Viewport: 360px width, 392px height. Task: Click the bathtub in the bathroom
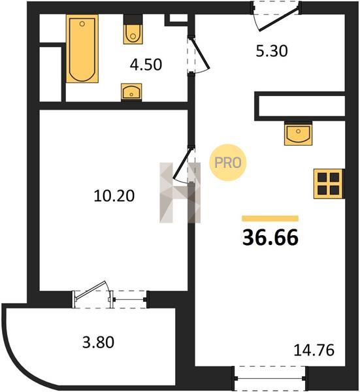[x=82, y=48]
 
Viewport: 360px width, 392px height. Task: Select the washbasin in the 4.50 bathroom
[x=131, y=91]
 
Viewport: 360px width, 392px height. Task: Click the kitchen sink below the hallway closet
[x=298, y=134]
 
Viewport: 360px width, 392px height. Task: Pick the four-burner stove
[x=328, y=184]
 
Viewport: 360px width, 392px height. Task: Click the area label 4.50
[x=146, y=65]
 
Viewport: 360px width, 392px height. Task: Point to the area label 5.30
[x=272, y=51]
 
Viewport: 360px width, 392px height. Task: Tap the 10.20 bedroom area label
[x=114, y=195]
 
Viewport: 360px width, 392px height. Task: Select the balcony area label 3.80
[x=98, y=342]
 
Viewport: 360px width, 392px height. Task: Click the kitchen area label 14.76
[x=314, y=350]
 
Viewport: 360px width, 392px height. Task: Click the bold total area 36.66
[x=270, y=238]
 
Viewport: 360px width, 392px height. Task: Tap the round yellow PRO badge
[x=228, y=163]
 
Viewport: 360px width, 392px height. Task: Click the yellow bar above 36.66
[x=270, y=218]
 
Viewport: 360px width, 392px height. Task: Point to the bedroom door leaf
[x=183, y=163]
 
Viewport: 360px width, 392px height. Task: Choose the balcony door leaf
[x=91, y=290]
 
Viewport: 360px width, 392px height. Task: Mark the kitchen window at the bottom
[x=270, y=378]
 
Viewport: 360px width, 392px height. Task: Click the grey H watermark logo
[x=180, y=193]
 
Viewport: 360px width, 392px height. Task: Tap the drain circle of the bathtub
[x=82, y=24]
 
